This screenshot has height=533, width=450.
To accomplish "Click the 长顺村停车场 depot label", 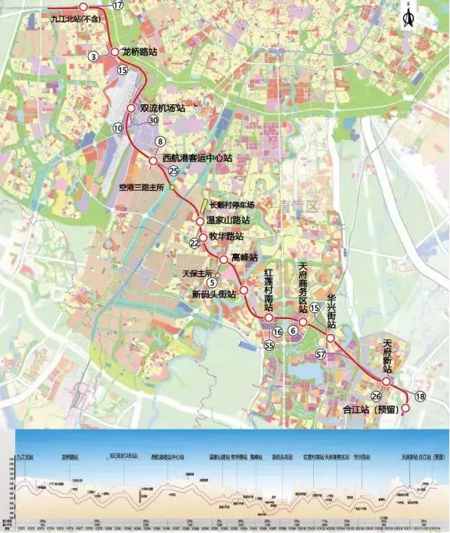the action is pyautogui.click(x=232, y=205).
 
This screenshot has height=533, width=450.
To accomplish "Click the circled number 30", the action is pyautogui.click(x=153, y=120).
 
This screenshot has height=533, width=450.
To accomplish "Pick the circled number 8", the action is pyautogui.click(x=159, y=141).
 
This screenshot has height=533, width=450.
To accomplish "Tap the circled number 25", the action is pyautogui.click(x=174, y=171).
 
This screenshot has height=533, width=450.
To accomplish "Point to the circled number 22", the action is pyautogui.click(x=195, y=243).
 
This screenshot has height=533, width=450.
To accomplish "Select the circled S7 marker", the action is pyautogui.click(x=321, y=354).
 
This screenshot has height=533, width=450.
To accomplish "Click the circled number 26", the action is pyautogui.click(x=376, y=396).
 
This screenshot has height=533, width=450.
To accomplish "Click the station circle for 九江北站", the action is pyautogui.click(x=83, y=6).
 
